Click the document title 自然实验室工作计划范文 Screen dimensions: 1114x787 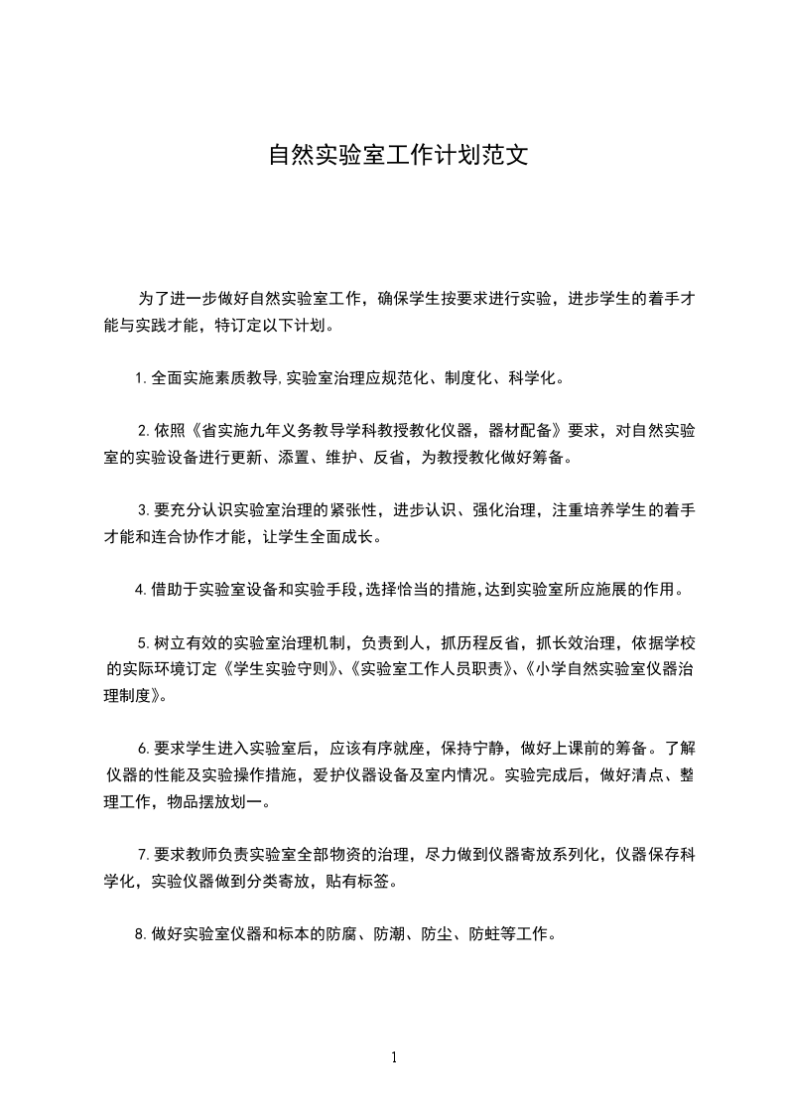coord(394,156)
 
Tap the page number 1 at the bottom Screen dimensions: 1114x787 coord(394,1057)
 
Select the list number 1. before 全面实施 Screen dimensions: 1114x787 coord(142,378)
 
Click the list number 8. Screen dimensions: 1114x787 coord(142,934)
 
